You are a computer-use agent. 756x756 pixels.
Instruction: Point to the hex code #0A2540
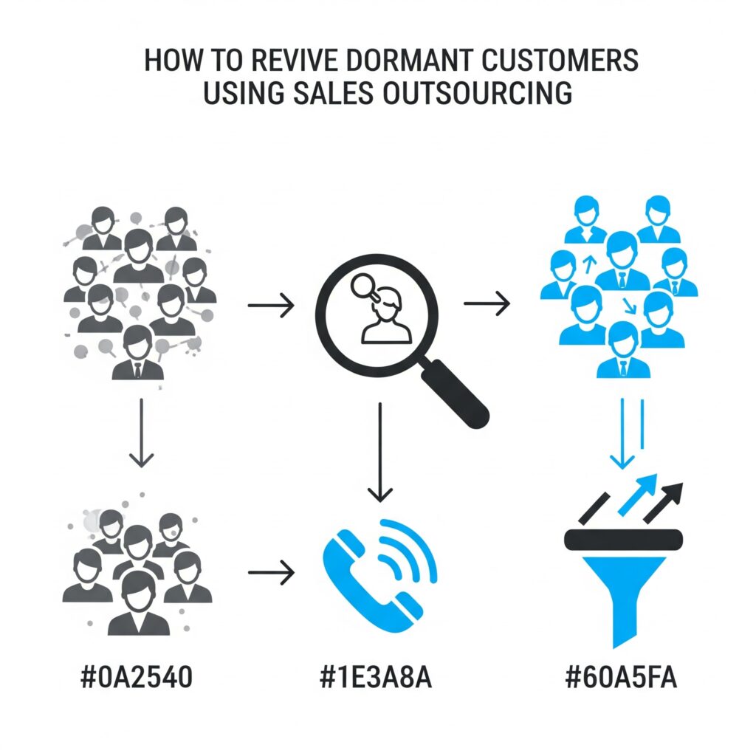137,678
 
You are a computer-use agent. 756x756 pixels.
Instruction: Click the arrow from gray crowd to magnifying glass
271,304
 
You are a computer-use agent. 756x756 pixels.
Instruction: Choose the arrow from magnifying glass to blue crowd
487,303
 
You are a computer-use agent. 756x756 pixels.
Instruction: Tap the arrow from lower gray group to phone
271,572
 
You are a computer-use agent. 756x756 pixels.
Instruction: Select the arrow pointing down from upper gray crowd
140,436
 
